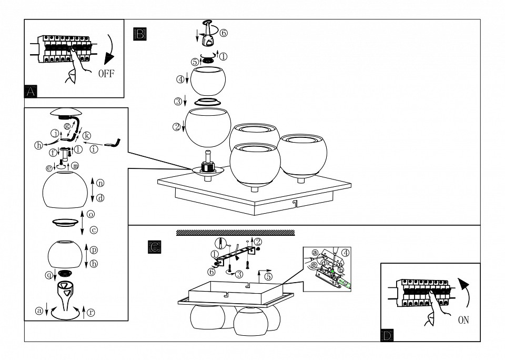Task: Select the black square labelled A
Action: [31, 91]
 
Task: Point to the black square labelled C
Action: [154, 246]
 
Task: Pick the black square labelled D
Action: [387, 334]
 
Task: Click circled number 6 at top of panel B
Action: [224, 33]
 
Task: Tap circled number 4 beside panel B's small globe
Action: [180, 79]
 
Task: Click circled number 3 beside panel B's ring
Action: [178, 101]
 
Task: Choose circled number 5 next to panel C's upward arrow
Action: [269, 276]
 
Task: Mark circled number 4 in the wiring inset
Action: [346, 252]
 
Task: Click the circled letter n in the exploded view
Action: [100, 183]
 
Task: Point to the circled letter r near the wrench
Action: [91, 312]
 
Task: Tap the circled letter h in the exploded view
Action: [39, 146]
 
